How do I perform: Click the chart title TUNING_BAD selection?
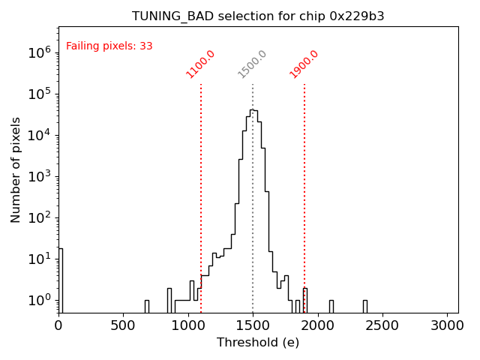pyautogui.click(x=258, y=16)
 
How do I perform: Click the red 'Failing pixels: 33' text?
pyautogui.click(x=109, y=46)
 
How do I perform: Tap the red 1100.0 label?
pyautogui.click(x=201, y=64)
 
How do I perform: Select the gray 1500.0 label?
pyautogui.click(x=253, y=64)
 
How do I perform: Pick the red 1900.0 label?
pyautogui.click(x=304, y=64)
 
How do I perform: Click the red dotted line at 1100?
pyautogui.click(x=201, y=187)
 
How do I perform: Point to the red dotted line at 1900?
pyautogui.click(x=304, y=187)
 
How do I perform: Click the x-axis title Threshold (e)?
pyautogui.click(x=258, y=343)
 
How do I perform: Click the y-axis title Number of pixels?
pyautogui.click(x=16, y=169)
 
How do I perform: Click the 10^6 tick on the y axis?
pyautogui.click(x=40, y=52)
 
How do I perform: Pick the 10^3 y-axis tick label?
pyautogui.click(x=40, y=176)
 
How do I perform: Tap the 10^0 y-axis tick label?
pyautogui.click(x=40, y=300)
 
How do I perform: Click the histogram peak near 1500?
pyautogui.click(x=253, y=110)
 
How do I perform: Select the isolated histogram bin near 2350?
pyautogui.click(x=364, y=305)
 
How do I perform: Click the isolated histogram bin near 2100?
pyautogui.click(x=331, y=305)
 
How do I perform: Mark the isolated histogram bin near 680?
pyautogui.click(x=147, y=305)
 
